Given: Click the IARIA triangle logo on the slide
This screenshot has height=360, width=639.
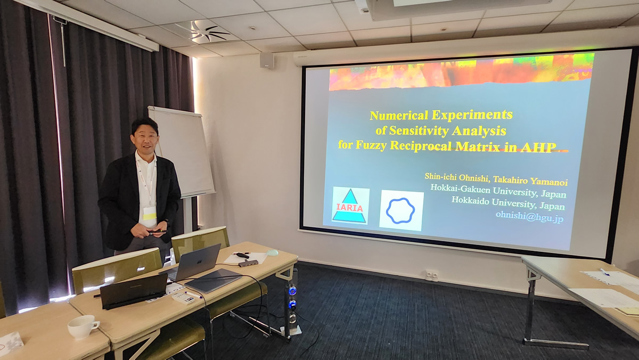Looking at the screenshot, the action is tap(350, 206).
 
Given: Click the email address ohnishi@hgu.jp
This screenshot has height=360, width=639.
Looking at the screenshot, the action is tap(529, 216).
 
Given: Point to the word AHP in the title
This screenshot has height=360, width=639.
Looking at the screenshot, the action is tap(538, 148).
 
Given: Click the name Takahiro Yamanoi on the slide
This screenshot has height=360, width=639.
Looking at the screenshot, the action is tap(530, 181).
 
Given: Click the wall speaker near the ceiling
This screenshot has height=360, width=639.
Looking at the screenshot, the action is tap(267, 61).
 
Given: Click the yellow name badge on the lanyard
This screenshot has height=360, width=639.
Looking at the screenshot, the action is tap(150, 214).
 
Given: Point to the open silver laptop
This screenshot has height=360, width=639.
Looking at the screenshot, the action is tap(194, 263).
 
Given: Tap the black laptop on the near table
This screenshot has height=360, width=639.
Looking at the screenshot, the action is tap(133, 291).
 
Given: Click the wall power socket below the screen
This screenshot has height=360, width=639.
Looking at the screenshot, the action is tap(432, 275).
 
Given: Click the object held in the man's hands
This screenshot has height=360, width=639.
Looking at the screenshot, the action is tap(157, 232).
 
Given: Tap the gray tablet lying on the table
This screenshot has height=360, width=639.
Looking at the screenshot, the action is tap(214, 281).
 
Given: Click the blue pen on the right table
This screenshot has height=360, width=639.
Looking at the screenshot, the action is tap(604, 272).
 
